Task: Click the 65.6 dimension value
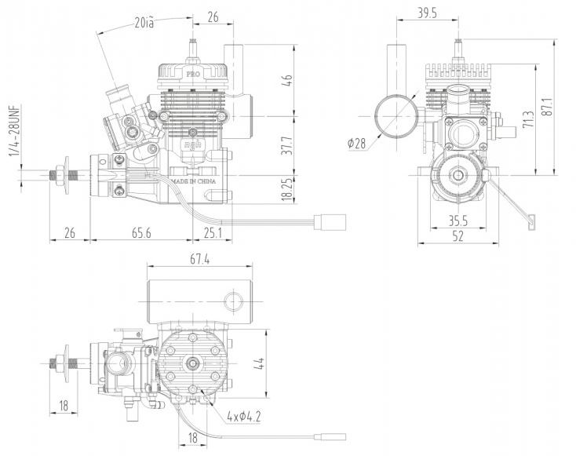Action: click(142, 232)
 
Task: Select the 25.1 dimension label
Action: click(212, 232)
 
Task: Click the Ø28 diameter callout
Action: click(357, 143)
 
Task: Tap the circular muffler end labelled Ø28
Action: click(395, 115)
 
